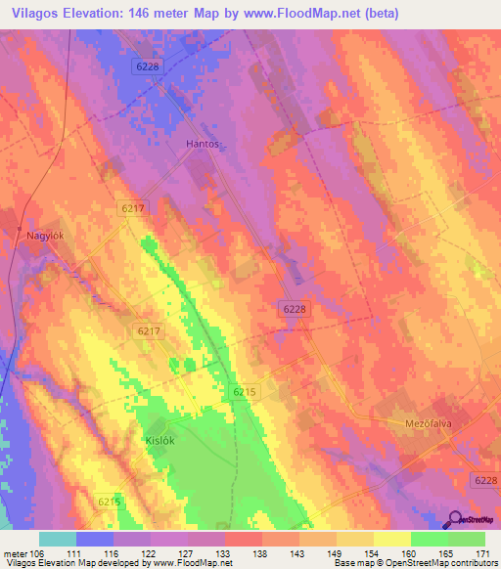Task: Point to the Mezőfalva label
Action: (x=432, y=424)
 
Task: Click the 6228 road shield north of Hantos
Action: (x=147, y=65)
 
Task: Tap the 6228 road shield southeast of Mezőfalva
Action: (x=483, y=479)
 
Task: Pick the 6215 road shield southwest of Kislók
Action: (x=110, y=502)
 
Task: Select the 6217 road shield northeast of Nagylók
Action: (x=134, y=208)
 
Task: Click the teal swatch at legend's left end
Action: (x=58, y=539)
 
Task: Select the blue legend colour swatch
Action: (x=95, y=539)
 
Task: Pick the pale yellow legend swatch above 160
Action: (x=391, y=539)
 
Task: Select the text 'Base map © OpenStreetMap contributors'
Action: (x=414, y=563)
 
